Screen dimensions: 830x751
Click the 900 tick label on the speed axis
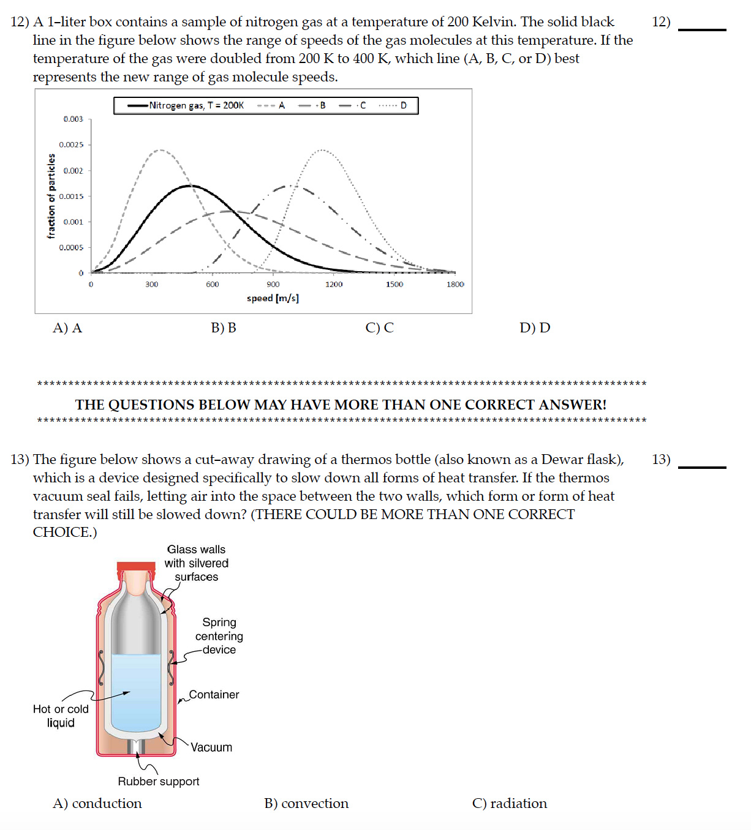273,285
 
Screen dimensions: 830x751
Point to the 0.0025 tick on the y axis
71,144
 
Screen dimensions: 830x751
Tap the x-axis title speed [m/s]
273,298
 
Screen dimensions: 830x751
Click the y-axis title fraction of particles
51,196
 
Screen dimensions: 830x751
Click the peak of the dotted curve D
321,150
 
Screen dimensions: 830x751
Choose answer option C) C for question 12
379,328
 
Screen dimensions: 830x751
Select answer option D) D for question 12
535,328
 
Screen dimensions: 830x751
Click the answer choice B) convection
306,804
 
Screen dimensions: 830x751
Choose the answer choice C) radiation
510,804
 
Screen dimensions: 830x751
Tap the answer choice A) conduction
97,804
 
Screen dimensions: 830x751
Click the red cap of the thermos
136,566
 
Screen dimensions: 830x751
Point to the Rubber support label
159,782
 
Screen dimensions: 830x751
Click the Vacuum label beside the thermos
211,747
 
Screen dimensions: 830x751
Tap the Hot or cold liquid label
61,716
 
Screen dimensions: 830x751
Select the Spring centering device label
219,636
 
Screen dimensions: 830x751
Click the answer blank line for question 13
702,466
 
